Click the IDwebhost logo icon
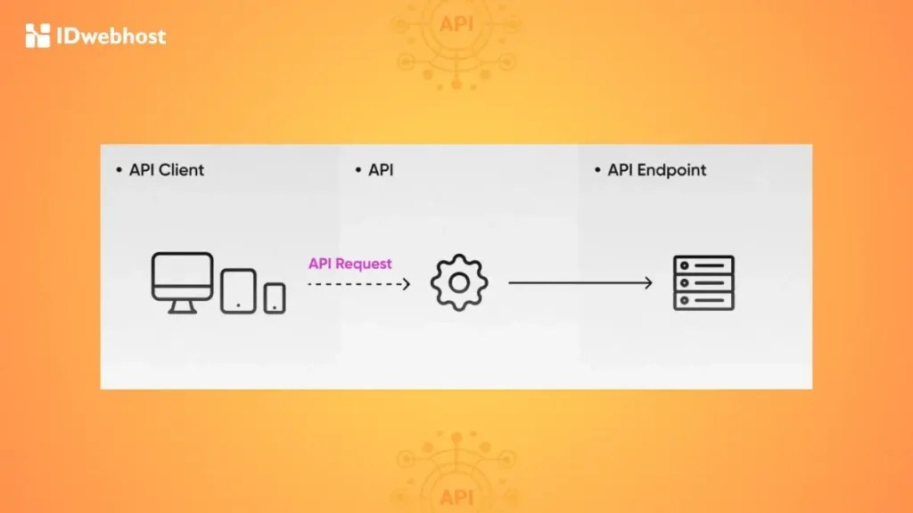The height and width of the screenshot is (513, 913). [x=37, y=36]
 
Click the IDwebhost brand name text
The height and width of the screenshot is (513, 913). [x=111, y=37]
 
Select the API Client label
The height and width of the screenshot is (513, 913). [x=167, y=170]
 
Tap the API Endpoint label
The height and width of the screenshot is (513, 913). [x=656, y=170]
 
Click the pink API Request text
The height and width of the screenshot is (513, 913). [x=350, y=264]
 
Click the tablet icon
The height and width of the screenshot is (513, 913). [x=238, y=290]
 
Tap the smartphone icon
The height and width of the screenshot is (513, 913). [x=275, y=297]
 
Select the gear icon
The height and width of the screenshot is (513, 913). [x=459, y=283]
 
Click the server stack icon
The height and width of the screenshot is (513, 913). [x=703, y=283]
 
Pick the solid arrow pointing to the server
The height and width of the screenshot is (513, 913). [x=580, y=283]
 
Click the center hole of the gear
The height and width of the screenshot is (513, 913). [x=459, y=283]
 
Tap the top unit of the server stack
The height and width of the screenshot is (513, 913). [x=703, y=265]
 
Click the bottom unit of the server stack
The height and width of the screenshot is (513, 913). [x=703, y=301]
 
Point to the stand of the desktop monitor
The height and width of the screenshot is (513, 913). [x=182, y=305]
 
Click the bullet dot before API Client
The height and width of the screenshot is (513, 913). [x=119, y=170]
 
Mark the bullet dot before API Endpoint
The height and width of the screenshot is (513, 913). [x=598, y=170]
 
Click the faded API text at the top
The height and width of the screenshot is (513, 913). [x=456, y=23]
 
